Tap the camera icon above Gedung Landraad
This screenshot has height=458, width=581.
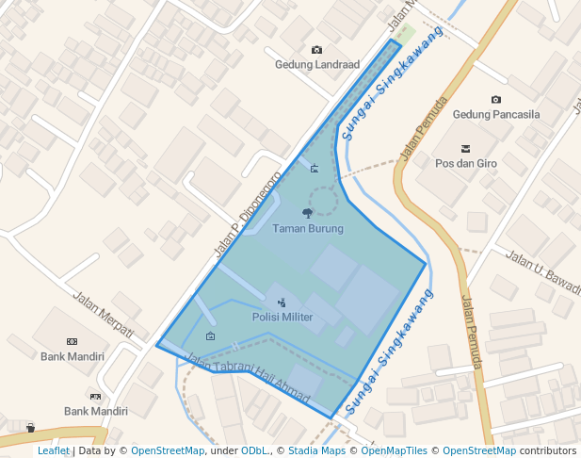[x=316, y=50]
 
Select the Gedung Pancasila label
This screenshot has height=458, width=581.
[x=496, y=114]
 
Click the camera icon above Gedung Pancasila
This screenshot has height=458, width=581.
[x=496, y=99]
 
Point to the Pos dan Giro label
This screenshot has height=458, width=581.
[x=466, y=163]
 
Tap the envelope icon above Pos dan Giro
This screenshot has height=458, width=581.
[x=465, y=148]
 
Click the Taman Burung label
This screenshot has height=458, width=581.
[x=308, y=228]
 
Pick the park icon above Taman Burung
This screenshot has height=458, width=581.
[x=307, y=214]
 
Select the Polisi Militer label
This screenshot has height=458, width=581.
[x=282, y=317]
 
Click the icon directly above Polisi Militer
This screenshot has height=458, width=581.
[x=282, y=303]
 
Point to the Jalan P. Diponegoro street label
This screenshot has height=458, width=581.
[x=248, y=215]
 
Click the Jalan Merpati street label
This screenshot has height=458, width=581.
[x=104, y=313]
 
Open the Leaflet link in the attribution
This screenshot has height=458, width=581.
[x=53, y=451]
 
